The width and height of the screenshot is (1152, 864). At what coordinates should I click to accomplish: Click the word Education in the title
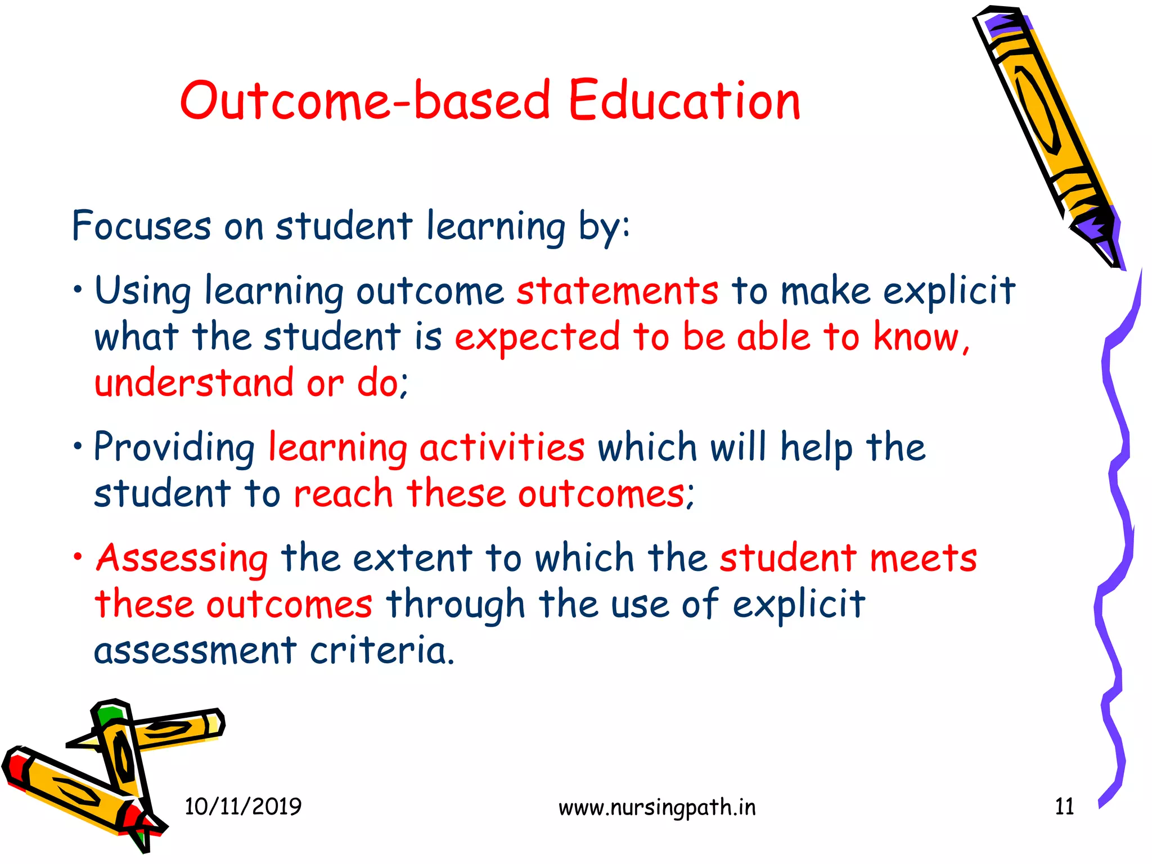coord(684,101)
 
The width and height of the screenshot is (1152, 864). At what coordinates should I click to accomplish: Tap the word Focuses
coord(141,226)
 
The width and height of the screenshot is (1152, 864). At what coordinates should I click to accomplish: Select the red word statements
coord(617,291)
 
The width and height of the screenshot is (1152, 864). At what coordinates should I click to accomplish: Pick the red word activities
coord(502,448)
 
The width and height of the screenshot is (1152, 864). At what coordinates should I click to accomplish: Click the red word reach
coord(343,494)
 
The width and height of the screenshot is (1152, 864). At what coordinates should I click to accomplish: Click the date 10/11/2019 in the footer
coord(243,807)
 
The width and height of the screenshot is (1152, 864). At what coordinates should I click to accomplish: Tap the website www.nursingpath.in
coord(657,808)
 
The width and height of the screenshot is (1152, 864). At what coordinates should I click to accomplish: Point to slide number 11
coord(1064,807)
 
